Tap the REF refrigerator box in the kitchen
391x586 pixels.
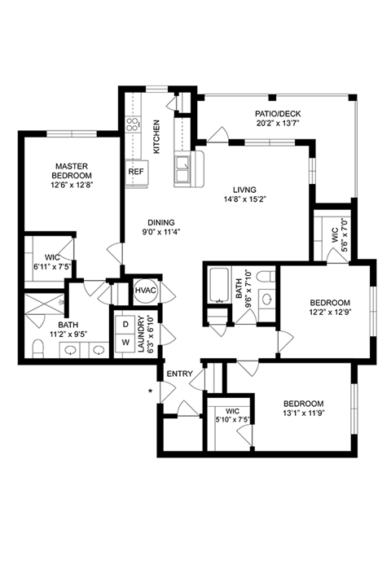pos(137,172)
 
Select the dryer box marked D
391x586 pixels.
pos(126,325)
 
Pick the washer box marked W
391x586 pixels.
pos(126,343)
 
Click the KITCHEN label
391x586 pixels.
pos(157,137)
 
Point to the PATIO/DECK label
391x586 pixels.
pos(278,114)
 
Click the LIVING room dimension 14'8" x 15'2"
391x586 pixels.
pos(244,199)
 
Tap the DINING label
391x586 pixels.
pos(161,223)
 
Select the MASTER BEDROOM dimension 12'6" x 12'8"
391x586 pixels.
pos(72,185)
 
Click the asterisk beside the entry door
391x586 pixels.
pos(151,391)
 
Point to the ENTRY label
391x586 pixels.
pos(179,374)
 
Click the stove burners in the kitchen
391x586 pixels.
pos(133,125)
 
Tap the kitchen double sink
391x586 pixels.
pos(182,169)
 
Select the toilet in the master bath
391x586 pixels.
pos(37,348)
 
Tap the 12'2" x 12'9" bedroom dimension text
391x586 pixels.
pos(331,312)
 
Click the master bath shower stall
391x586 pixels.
pos(45,304)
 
